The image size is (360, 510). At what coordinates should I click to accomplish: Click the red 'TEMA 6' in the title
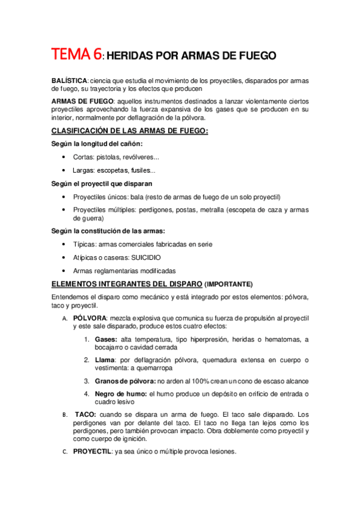click(x=76, y=55)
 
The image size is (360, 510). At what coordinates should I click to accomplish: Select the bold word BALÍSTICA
click(x=69, y=81)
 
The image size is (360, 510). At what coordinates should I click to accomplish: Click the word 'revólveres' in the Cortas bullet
click(x=140, y=158)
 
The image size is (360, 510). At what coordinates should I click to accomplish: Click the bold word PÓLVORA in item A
click(x=90, y=317)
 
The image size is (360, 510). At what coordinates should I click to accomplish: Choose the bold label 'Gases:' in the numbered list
click(x=106, y=340)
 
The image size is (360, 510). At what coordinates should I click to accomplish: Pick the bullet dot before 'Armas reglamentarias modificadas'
click(x=65, y=271)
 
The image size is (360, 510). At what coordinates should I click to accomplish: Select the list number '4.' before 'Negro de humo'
click(x=87, y=394)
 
